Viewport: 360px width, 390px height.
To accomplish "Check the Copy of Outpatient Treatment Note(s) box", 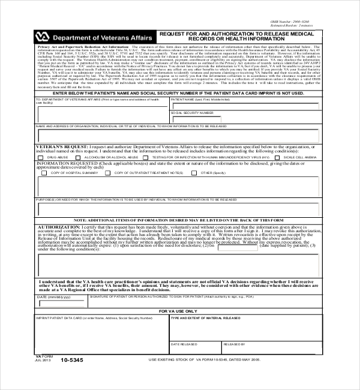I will point(108,173).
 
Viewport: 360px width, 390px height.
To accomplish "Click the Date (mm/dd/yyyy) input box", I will point(62,304).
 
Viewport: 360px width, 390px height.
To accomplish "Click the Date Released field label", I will point(182,344).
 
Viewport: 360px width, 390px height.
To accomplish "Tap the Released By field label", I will point(234,344).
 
